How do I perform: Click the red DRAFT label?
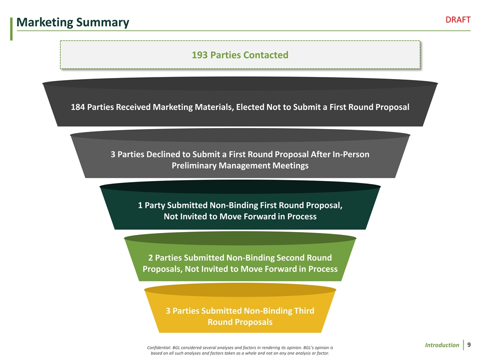pyautogui.click(x=458, y=19)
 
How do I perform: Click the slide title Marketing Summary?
pyautogui.click(x=72, y=22)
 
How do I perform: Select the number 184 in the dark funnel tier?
pyautogui.click(x=77, y=107)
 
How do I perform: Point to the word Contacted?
pyautogui.click(x=267, y=54)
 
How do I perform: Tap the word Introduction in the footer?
pyautogui.click(x=442, y=345)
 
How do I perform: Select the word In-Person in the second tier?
pyautogui.click(x=348, y=154)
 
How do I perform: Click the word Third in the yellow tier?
pyautogui.click(x=301, y=310)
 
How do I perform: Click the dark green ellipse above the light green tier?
pyautogui.click(x=240, y=238)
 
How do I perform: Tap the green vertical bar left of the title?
pyautogui.click(x=11, y=27)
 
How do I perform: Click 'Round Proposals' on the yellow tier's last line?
pyautogui.click(x=240, y=322)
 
